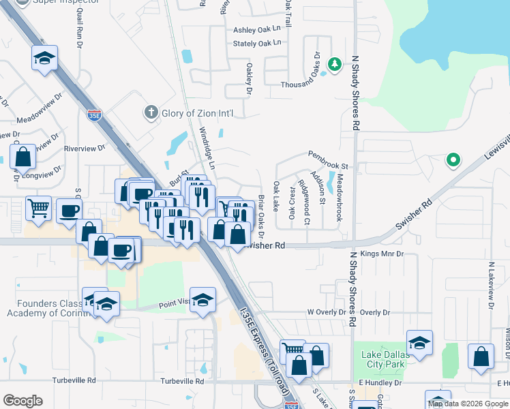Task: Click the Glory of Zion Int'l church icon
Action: [x=150, y=112]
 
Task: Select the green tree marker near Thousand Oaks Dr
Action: [x=334, y=65]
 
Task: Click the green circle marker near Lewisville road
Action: [x=452, y=161]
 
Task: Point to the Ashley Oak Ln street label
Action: [x=257, y=29]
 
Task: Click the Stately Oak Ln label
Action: [x=257, y=43]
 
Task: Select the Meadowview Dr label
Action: [x=39, y=117]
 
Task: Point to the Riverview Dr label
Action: [x=84, y=147]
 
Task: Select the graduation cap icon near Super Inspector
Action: [x=44, y=57]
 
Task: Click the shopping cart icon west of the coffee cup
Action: [x=38, y=207]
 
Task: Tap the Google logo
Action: [x=23, y=401]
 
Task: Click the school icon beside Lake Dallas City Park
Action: [x=419, y=342]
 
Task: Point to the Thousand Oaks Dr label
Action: [x=301, y=85]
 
